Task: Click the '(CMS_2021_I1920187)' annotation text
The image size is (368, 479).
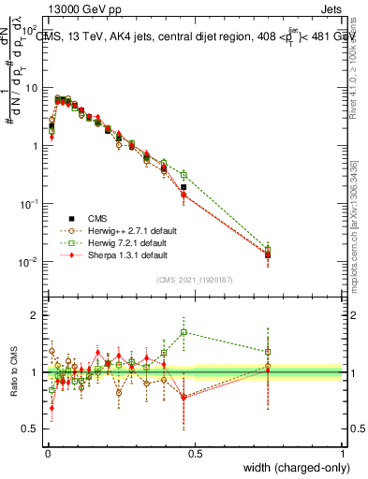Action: (195, 279)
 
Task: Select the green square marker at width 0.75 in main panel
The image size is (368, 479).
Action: (268, 249)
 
